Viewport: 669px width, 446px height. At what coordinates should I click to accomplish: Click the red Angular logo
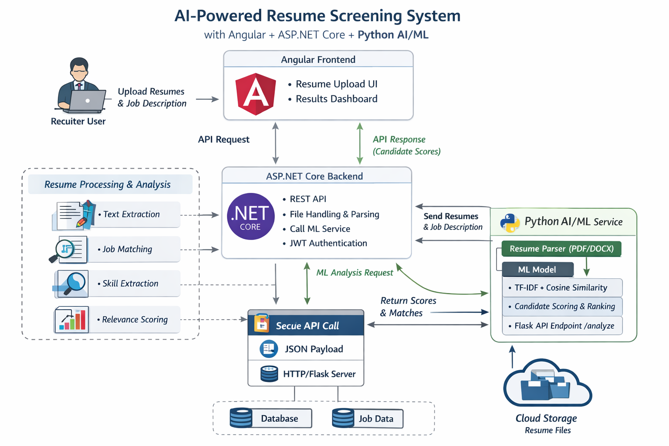[x=256, y=94]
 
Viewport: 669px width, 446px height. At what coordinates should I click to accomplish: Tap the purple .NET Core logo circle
[x=250, y=216]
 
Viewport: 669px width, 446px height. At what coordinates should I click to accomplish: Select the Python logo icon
[x=510, y=223]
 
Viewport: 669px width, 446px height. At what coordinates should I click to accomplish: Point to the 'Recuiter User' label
[x=78, y=121]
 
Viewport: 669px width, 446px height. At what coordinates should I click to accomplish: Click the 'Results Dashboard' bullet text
[x=336, y=99]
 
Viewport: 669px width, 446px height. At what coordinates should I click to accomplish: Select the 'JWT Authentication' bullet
[x=328, y=243]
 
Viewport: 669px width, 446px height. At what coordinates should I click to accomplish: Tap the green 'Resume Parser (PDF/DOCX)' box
[x=561, y=249]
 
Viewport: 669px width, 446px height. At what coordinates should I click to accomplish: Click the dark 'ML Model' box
[x=537, y=270]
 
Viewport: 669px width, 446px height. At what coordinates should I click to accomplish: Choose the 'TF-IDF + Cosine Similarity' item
[x=561, y=287]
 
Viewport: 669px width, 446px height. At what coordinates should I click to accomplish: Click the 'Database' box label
[x=279, y=419]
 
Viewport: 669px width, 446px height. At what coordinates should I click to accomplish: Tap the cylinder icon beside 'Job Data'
[x=343, y=418]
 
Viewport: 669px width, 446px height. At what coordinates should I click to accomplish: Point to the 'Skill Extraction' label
[x=130, y=284]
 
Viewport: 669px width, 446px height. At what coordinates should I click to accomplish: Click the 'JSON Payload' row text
[x=314, y=349]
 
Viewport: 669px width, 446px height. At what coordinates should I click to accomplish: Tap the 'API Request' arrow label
[x=224, y=139]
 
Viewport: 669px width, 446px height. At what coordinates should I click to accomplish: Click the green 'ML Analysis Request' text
[x=355, y=273]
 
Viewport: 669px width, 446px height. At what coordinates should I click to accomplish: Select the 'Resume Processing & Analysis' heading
[x=108, y=185]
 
